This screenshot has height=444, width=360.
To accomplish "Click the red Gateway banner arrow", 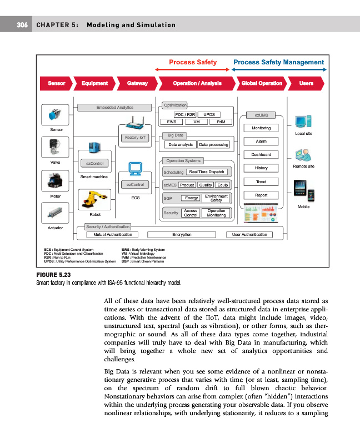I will [x=137, y=83].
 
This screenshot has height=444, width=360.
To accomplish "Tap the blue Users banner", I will [x=306, y=83].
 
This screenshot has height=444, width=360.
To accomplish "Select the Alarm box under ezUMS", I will [x=261, y=141].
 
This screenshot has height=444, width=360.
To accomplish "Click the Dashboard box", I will [x=261, y=154].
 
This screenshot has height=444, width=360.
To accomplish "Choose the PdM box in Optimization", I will [x=221, y=122].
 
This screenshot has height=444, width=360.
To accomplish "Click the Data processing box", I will [x=213, y=144].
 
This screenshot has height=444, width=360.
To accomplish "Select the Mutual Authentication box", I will [x=116, y=235].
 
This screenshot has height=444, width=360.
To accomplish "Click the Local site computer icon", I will [x=303, y=121].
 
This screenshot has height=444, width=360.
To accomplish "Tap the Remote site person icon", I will [x=303, y=154].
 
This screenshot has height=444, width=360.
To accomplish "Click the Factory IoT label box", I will [x=136, y=137].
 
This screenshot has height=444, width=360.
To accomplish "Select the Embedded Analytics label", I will [x=114, y=107].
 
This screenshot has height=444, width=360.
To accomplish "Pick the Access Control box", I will [x=191, y=213].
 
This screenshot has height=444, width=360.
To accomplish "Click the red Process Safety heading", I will [x=193, y=63].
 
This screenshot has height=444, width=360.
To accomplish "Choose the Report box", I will [x=261, y=195].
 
